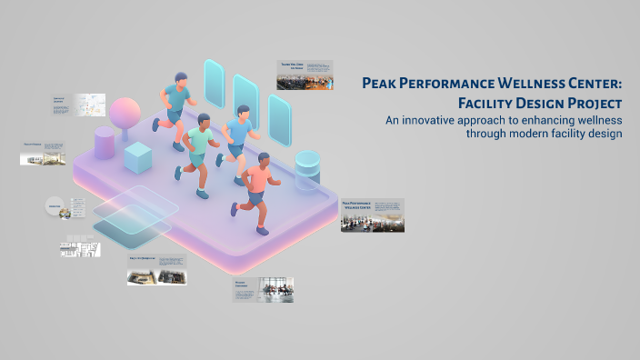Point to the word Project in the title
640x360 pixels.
pos(592,103)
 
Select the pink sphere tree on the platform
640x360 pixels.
pos(125,114)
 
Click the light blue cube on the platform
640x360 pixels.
pos(137,157)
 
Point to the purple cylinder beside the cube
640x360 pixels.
pos(105,144)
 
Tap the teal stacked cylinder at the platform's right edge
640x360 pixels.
pos(307,168)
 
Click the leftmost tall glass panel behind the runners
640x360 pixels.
pos(215,83)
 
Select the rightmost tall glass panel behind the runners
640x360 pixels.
pos(279,117)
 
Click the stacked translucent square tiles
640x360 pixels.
pos(135,214)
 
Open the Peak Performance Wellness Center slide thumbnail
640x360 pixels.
pos(373,215)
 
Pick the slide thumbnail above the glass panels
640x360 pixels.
pos(305,75)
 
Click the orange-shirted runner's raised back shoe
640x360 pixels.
pos(235,210)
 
